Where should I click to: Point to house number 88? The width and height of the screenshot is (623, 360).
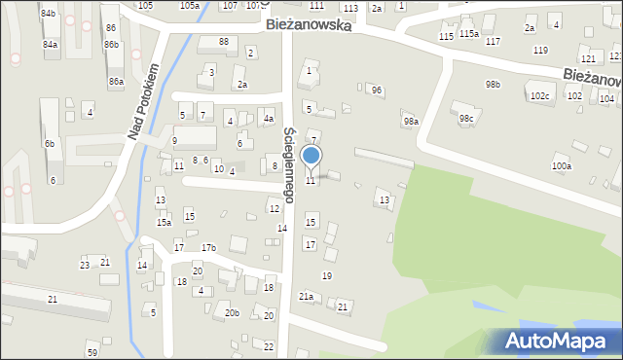pyautogui.click(x=224, y=41)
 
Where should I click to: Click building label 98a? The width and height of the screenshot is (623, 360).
pyautogui.click(x=411, y=122)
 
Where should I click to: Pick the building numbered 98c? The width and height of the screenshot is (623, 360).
pyautogui.click(x=467, y=119)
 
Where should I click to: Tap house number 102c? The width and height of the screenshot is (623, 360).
pyautogui.click(x=539, y=96)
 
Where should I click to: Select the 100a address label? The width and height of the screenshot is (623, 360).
pyautogui.click(x=562, y=166)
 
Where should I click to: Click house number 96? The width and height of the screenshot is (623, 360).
pyautogui.click(x=377, y=90)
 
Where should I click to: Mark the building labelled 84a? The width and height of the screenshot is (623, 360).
pyautogui.click(x=50, y=45)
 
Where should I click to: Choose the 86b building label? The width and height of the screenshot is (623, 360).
pyautogui.click(x=111, y=45)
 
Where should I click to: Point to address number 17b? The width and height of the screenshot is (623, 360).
pyautogui.click(x=208, y=247)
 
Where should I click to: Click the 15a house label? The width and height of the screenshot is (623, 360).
pyautogui.click(x=165, y=223)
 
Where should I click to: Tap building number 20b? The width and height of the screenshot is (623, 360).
pyautogui.click(x=232, y=312)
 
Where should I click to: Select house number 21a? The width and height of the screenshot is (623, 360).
pyautogui.click(x=306, y=296)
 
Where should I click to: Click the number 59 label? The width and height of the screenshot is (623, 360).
pyautogui.click(x=92, y=351)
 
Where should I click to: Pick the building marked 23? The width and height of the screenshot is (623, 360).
pyautogui.click(x=85, y=265)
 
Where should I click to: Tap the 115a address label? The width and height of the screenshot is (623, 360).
pyautogui.click(x=469, y=33)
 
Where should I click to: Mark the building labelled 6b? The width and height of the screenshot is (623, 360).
pyautogui.click(x=49, y=143)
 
